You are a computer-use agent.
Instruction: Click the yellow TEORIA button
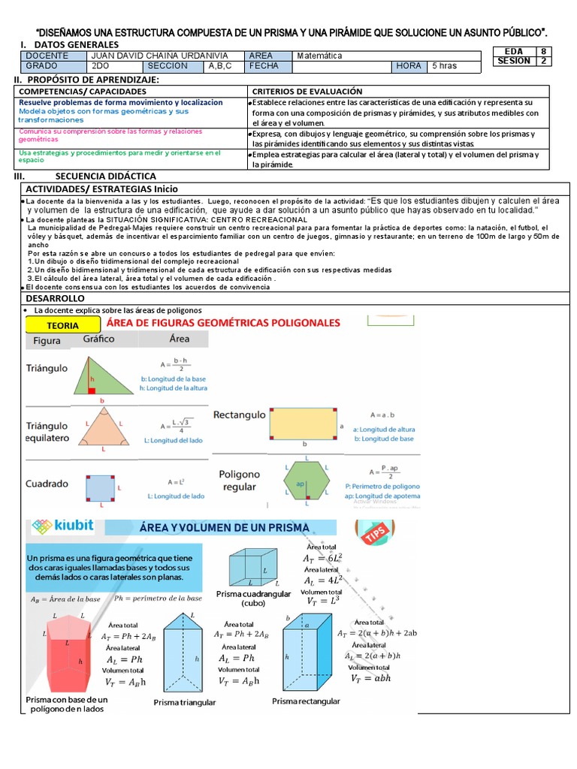63,325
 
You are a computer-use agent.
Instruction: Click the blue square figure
100,488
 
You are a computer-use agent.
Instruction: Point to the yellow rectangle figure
305,424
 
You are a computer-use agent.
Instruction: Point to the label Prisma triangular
185,702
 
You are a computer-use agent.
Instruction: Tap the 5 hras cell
443,66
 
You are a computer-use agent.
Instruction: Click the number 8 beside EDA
542,51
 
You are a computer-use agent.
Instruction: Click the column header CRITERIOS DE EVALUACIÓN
307,91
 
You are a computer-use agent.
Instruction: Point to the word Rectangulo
239,415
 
